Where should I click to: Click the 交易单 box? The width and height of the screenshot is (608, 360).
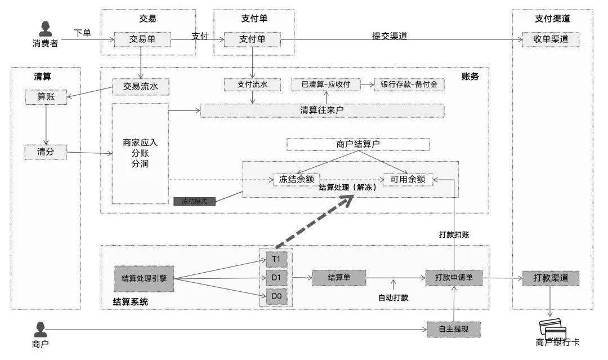[142, 39]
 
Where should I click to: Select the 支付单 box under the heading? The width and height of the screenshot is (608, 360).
[252, 39]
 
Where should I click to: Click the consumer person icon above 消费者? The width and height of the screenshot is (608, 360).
[45, 29]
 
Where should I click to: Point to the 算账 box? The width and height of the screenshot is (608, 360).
[46, 97]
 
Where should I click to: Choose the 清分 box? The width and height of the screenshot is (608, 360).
[46, 152]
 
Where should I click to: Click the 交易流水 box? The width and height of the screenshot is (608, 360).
[141, 87]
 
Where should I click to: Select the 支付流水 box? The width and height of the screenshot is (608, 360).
[252, 85]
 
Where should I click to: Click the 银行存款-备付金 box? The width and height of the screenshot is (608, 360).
[409, 85]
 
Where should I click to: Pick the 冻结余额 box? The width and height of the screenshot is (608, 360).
[297, 180]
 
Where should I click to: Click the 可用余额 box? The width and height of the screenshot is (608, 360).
[408, 180]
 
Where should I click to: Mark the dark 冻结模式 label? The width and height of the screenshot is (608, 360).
[194, 201]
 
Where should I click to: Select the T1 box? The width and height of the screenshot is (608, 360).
[276, 259]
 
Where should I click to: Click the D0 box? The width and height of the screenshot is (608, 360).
[276, 296]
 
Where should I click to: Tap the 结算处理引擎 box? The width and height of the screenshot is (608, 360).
[144, 278]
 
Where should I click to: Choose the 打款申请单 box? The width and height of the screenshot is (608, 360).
[454, 278]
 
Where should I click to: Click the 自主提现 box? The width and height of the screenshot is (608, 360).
[454, 329]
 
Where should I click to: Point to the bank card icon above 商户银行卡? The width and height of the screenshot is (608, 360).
[552, 329]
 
